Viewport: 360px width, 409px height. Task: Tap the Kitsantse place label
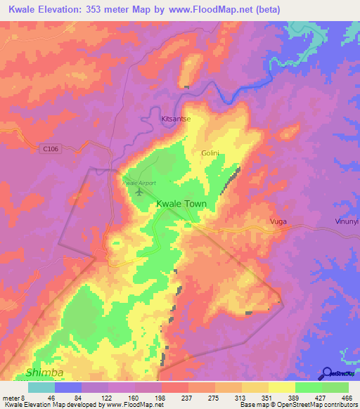pos(176,119)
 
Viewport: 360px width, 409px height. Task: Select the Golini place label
pos(211,152)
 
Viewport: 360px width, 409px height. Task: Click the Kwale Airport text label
pos(138,183)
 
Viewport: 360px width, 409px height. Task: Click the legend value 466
pos(347,398)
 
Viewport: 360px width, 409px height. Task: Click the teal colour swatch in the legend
pos(41,387)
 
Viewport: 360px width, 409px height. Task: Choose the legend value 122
pos(108,398)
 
